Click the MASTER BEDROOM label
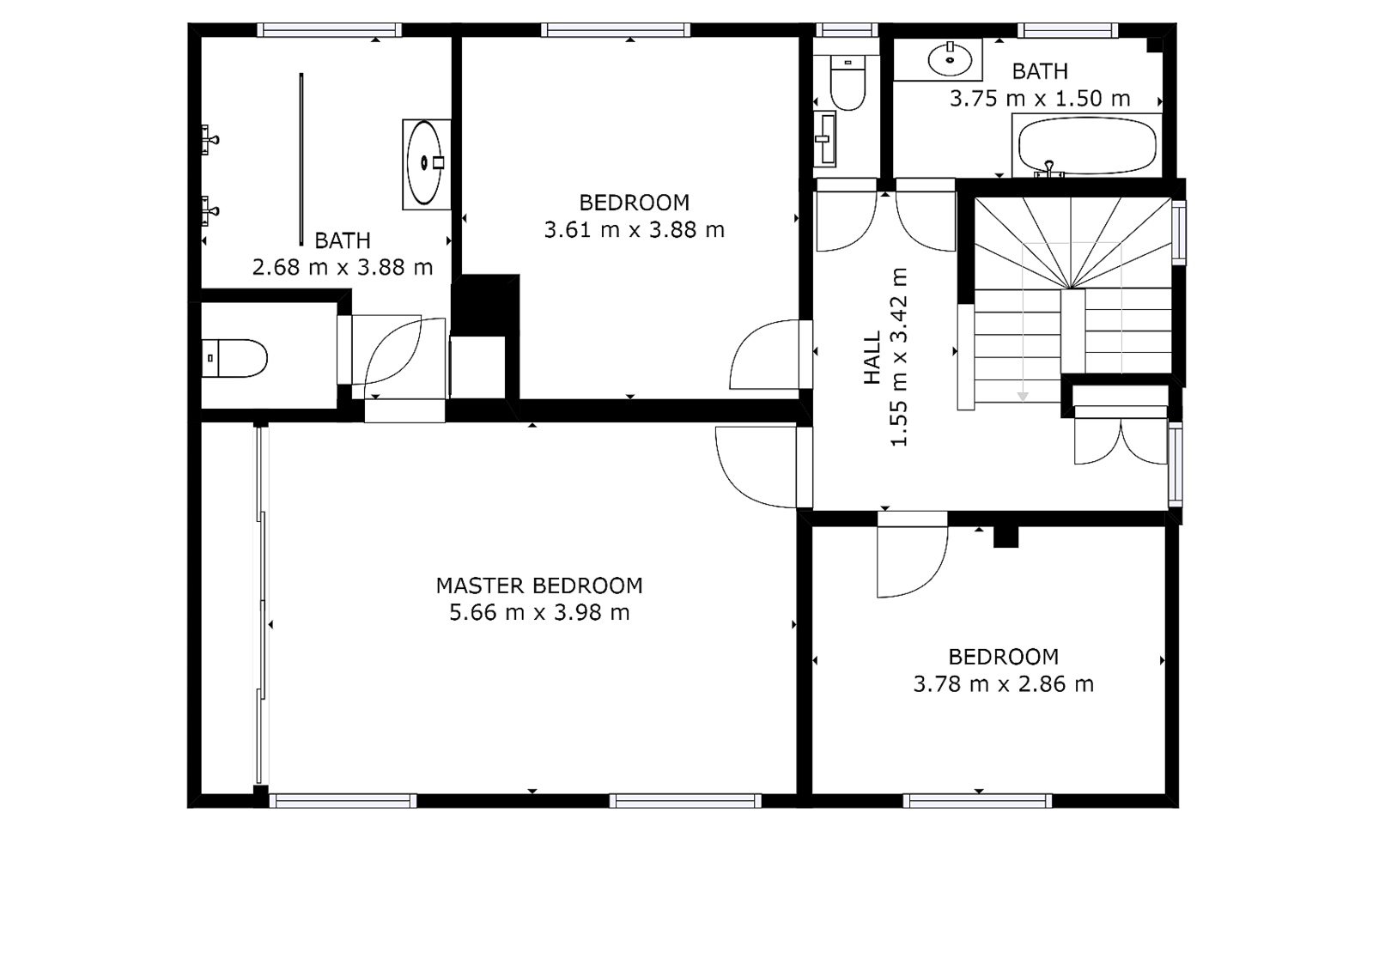(x=538, y=586)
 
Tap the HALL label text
(x=872, y=357)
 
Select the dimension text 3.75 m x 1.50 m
(x=1039, y=99)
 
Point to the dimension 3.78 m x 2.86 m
(x=1003, y=684)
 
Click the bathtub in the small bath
(x=1085, y=146)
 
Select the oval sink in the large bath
(x=424, y=163)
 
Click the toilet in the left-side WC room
(x=236, y=358)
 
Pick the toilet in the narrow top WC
(x=848, y=84)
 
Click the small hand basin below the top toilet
(x=827, y=137)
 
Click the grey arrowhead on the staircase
(x=1023, y=396)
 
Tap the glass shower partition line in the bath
(x=301, y=159)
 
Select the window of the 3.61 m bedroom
(x=616, y=30)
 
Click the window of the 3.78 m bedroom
(x=977, y=801)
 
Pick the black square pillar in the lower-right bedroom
(x=1005, y=537)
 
